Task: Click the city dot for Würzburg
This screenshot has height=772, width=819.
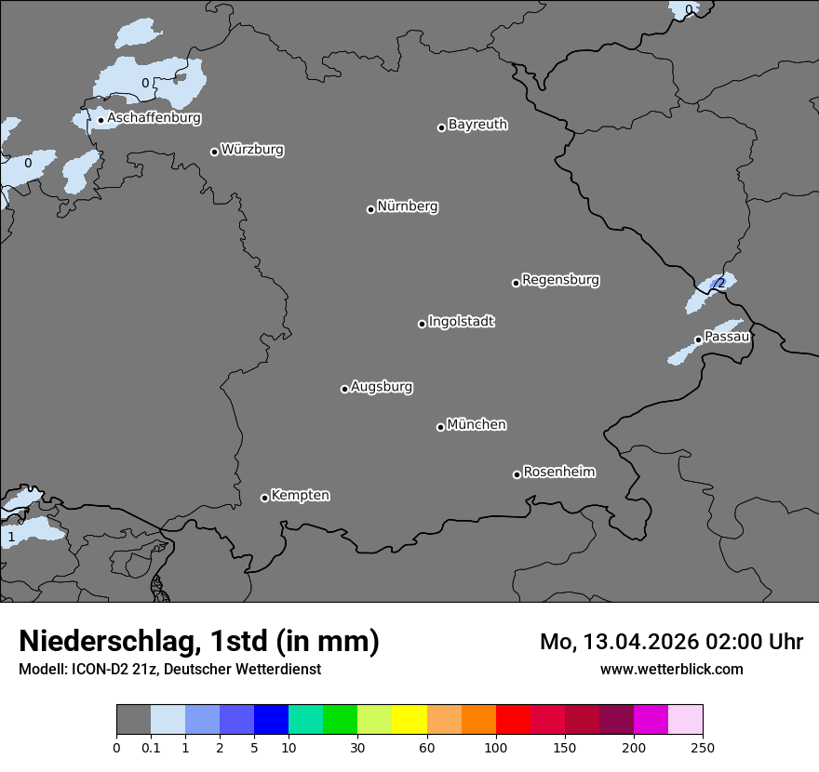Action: point(214,152)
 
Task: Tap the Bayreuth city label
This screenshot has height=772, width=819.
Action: point(477,125)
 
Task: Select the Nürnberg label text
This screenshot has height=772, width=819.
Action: point(408,206)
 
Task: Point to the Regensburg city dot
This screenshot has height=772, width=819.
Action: point(516,283)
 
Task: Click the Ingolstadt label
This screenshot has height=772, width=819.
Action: point(462,322)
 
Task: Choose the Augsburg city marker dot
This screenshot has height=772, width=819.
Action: point(344,389)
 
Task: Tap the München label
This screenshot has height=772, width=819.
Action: point(477,425)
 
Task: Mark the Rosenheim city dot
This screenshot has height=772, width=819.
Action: point(517,475)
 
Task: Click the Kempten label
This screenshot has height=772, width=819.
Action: point(300,496)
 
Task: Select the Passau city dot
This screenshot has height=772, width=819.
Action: point(698,339)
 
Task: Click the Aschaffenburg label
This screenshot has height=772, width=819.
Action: point(154,118)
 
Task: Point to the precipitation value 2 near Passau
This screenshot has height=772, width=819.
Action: point(720,283)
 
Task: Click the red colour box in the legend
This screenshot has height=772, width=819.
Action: point(513,720)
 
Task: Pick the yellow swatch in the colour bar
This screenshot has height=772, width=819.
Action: point(409,720)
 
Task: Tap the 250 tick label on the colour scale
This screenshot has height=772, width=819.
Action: point(703,747)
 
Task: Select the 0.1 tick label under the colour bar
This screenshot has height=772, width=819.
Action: point(151,747)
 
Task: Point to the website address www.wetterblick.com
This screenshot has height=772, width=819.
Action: point(671,669)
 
